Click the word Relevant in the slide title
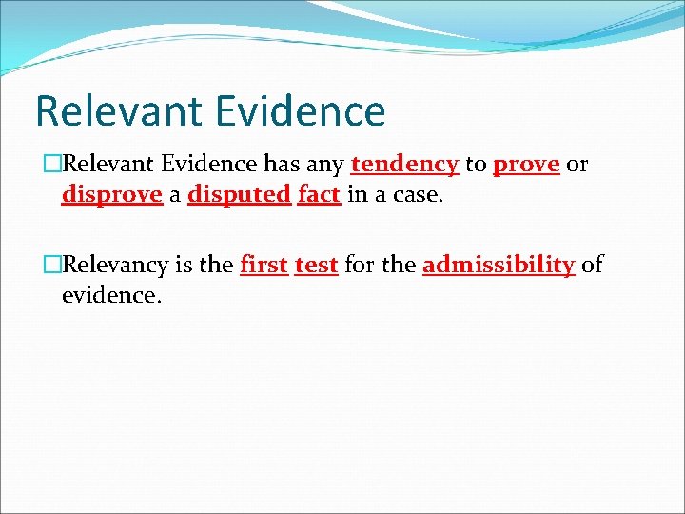pos(114,110)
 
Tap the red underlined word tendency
pos(404,164)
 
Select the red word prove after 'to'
pos(526,164)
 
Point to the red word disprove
pos(111,195)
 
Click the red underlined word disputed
pos(239,195)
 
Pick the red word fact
pos(319,195)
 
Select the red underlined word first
pos(264,265)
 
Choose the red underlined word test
pos(316,265)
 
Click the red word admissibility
pos(498,265)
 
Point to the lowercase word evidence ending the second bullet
pos(111,295)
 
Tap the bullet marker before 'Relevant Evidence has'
pos(51,164)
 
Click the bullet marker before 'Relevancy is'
pos(51,265)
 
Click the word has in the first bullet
pos(281,164)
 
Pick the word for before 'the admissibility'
pos(359,265)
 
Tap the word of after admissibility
pos(592,265)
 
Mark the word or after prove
pos(577,164)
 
